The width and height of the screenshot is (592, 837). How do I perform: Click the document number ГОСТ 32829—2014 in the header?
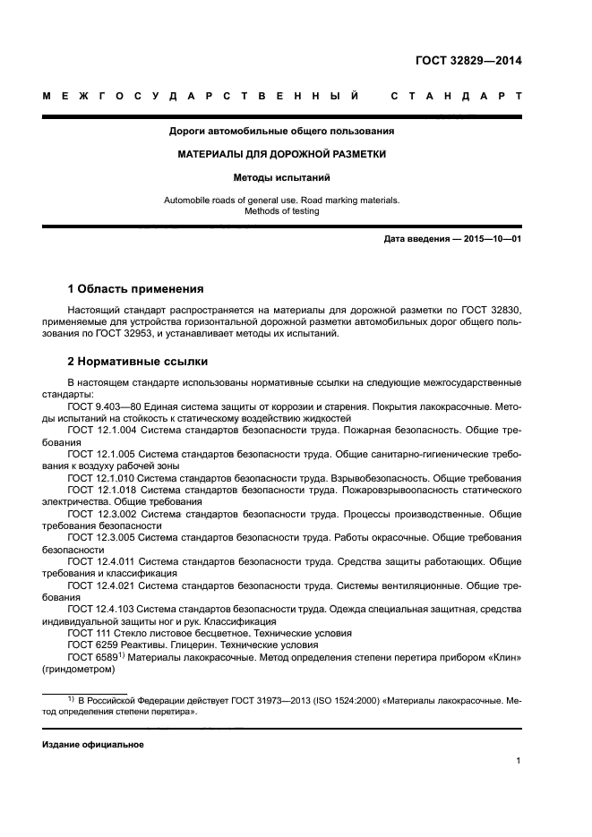click(468, 62)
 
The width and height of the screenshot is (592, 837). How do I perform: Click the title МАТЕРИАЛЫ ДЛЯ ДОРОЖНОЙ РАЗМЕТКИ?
click(282, 154)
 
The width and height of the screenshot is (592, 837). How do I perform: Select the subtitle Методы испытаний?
click(282, 177)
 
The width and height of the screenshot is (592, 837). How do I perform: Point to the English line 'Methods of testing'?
click(282, 211)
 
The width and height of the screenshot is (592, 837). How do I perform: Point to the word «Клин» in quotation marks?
click(502, 656)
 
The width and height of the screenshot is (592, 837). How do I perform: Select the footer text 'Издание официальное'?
click(93, 745)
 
